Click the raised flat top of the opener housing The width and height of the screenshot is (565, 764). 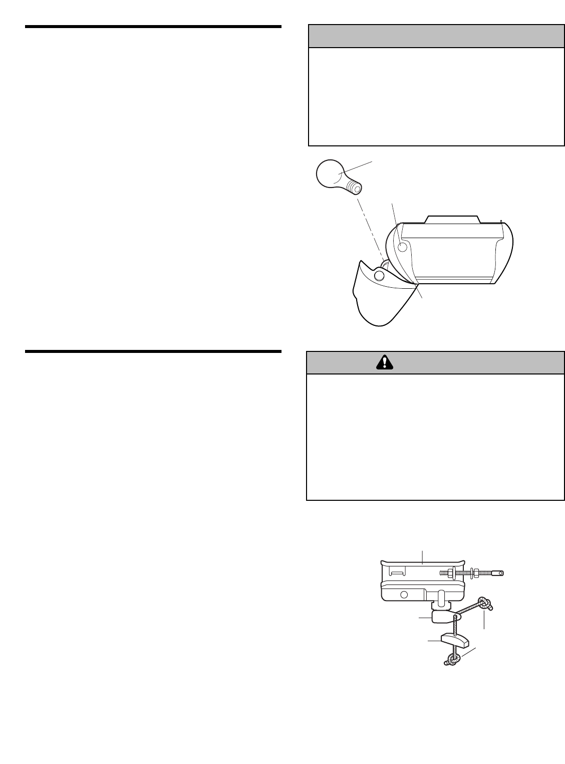point(452,219)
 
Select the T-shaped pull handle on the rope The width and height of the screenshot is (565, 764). point(454,640)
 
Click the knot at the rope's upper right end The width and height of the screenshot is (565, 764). point(485,604)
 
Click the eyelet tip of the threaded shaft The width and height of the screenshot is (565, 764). point(497,574)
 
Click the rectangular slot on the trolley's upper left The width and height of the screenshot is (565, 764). point(398,571)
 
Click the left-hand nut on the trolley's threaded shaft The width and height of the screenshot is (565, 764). point(451,572)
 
